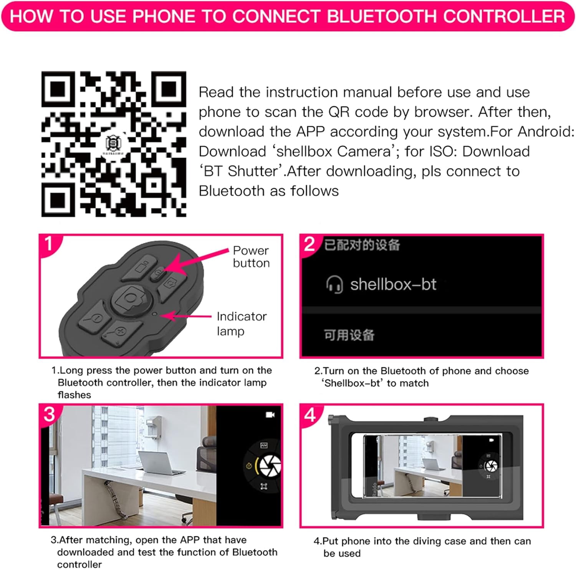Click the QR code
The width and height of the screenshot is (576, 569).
tap(114, 144)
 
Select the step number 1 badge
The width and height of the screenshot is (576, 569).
tap(49, 243)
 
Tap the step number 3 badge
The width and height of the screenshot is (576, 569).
tap(50, 414)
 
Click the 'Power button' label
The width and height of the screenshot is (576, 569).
tap(251, 257)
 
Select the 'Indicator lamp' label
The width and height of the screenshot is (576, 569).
tap(242, 323)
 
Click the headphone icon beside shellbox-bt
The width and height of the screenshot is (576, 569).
tap(334, 285)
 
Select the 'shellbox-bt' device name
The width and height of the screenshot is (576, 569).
tap(393, 284)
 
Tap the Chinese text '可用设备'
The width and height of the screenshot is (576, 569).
tap(349, 335)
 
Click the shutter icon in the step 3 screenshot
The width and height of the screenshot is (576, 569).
tap(270, 466)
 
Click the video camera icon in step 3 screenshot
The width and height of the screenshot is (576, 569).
tap(270, 415)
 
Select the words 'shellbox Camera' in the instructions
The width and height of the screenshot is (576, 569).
tap(333, 151)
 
